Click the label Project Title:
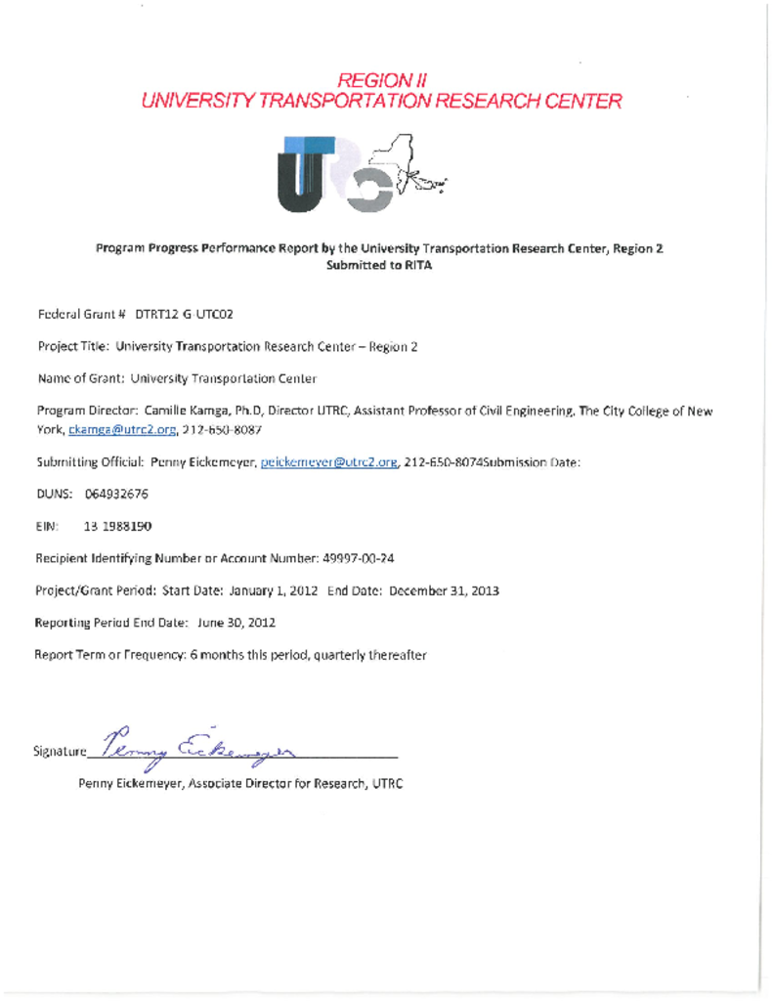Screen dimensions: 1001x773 [x=73, y=347]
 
